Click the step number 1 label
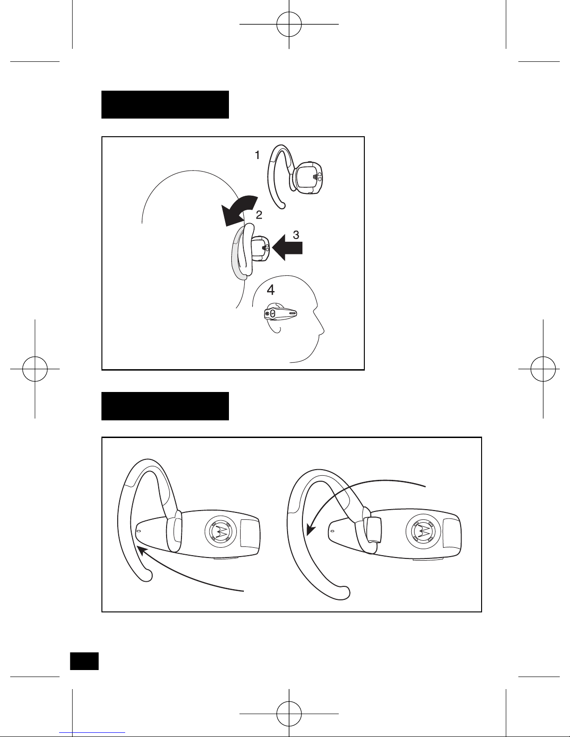(x=257, y=155)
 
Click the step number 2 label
(x=259, y=215)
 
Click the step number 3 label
(x=296, y=235)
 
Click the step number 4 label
(x=270, y=290)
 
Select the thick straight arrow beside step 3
(x=287, y=249)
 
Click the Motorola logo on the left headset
(x=220, y=532)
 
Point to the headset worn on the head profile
(x=280, y=313)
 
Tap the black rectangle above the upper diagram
(x=165, y=105)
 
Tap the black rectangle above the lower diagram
(x=165, y=406)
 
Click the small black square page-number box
(x=84, y=661)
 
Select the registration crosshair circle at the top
(x=289, y=25)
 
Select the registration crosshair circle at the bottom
(x=289, y=714)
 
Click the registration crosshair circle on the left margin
(x=35, y=369)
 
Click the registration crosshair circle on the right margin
(x=543, y=369)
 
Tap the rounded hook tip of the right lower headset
(x=343, y=592)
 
